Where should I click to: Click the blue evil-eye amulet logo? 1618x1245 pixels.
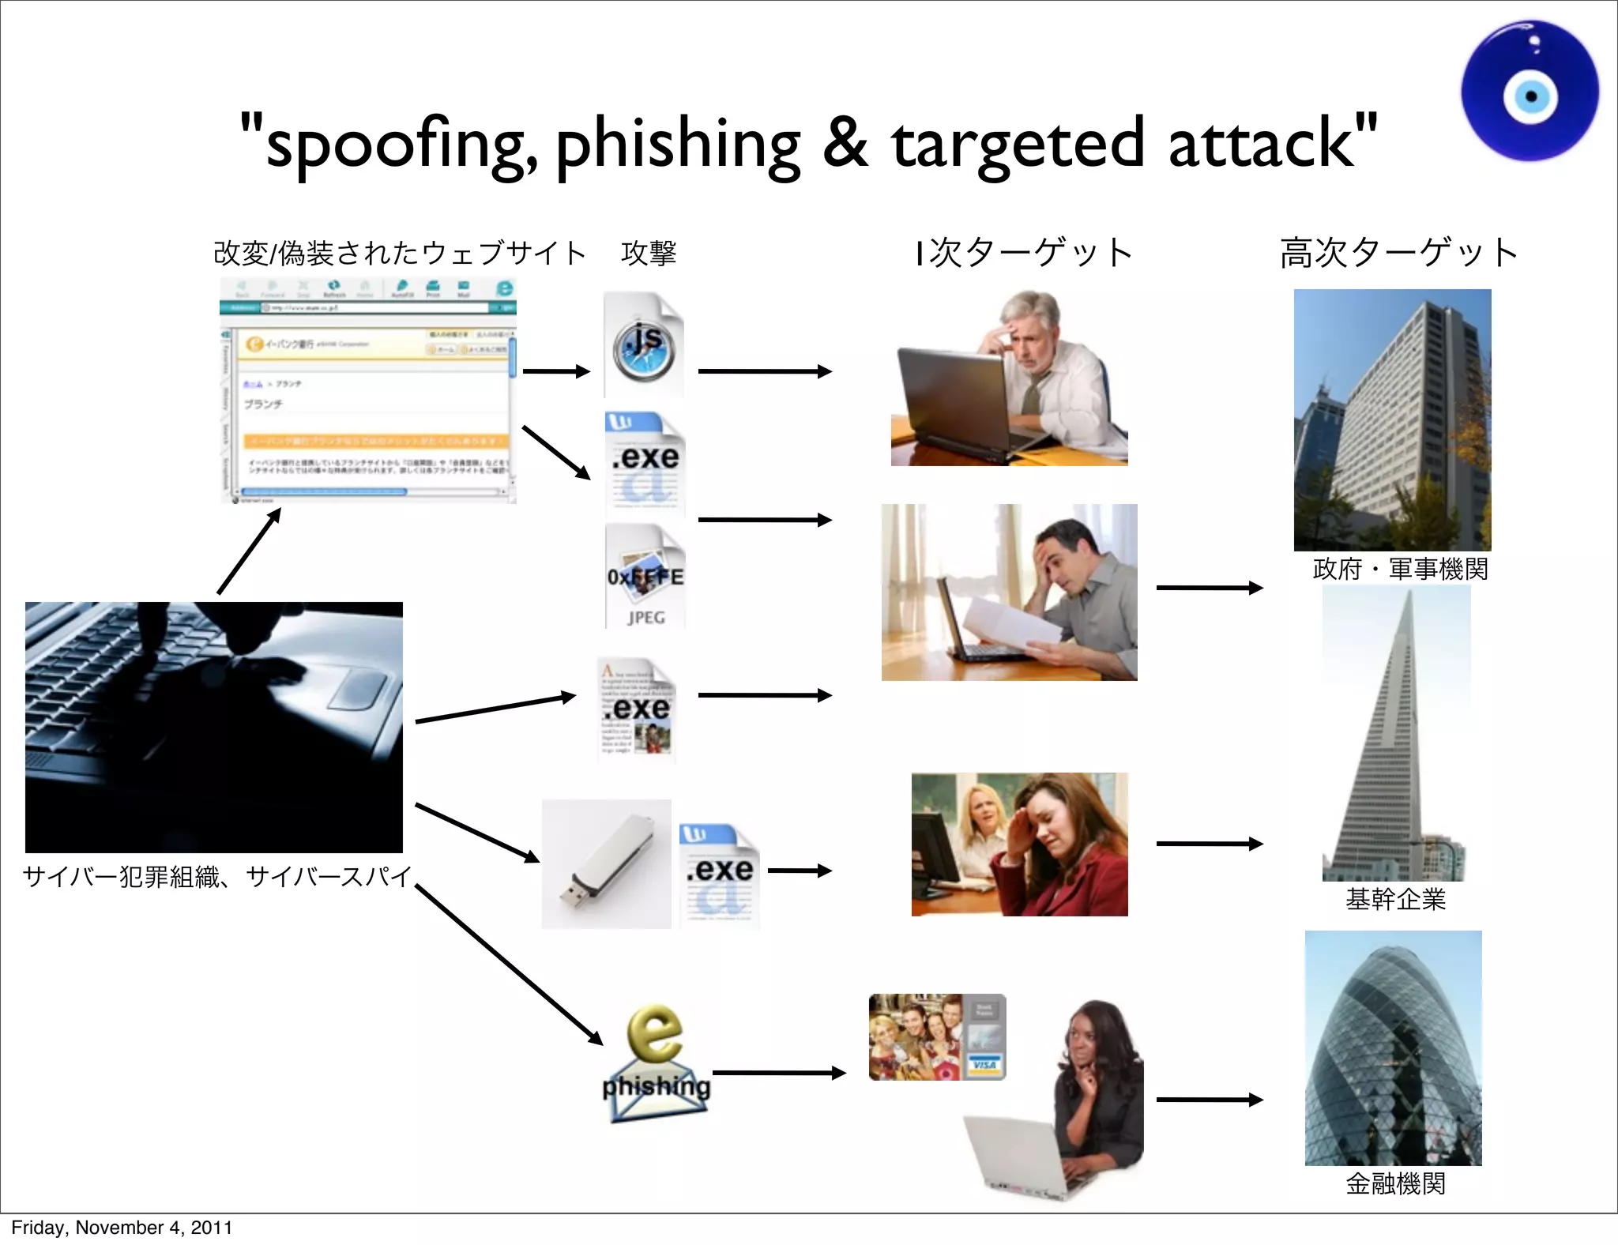[x=1530, y=92]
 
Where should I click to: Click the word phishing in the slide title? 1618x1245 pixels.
[x=678, y=144]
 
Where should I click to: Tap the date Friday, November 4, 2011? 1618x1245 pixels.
[x=122, y=1227]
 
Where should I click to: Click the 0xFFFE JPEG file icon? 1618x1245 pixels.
[x=645, y=577]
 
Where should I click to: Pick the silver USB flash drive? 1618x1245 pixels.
[x=606, y=864]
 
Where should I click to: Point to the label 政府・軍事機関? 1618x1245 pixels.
[x=1400, y=569]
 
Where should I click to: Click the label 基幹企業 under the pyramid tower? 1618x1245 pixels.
[x=1395, y=899]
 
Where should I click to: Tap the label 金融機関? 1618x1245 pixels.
[x=1395, y=1183]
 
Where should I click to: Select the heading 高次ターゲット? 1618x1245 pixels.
[x=1398, y=253]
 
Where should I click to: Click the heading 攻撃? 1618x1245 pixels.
[x=649, y=253]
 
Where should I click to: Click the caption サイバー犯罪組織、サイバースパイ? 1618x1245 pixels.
[x=216, y=876]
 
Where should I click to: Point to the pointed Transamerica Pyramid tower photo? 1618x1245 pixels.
[x=1395, y=735]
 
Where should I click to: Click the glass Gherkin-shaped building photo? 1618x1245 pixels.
[x=1393, y=1048]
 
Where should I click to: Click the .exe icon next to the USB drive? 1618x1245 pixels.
[x=719, y=875]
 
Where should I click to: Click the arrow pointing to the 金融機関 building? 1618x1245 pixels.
[x=1209, y=1100]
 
